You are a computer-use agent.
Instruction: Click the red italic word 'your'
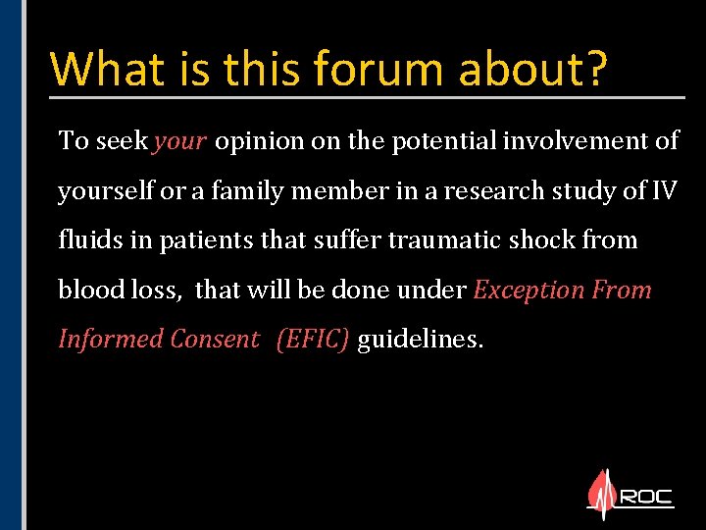(x=179, y=141)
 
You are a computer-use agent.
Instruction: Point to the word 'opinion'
(x=260, y=141)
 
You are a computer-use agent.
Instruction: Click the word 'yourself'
(x=106, y=191)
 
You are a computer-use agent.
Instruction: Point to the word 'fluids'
(x=87, y=240)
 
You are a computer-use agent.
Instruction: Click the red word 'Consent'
(x=215, y=340)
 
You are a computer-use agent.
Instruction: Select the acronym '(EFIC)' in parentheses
(x=313, y=340)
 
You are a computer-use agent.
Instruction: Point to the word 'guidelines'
(x=420, y=340)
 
